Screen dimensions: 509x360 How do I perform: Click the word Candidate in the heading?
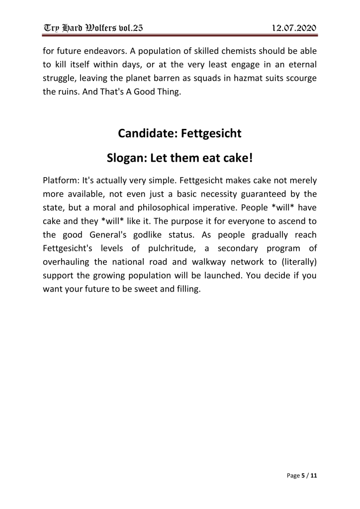click(147, 133)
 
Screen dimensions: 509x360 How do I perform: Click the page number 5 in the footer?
click(303, 476)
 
